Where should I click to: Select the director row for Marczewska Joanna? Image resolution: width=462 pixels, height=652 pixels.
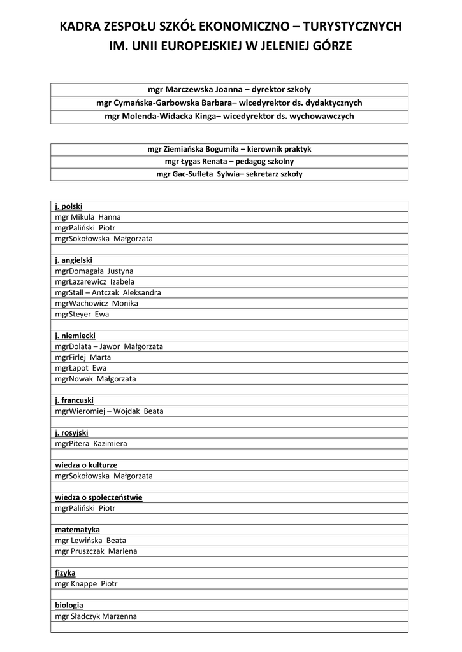[x=229, y=90]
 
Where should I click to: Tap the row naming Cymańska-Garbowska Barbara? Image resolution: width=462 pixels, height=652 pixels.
[x=229, y=103]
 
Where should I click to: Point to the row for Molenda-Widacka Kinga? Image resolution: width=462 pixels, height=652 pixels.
[x=229, y=116]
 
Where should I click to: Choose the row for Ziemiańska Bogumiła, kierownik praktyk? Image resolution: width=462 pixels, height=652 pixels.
[x=229, y=149]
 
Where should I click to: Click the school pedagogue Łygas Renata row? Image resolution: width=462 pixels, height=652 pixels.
[x=229, y=162]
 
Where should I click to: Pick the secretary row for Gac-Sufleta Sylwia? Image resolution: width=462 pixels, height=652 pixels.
[x=229, y=174]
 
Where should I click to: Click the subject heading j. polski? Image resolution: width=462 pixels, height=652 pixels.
[x=69, y=206]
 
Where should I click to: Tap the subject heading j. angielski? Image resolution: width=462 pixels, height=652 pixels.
[x=74, y=260]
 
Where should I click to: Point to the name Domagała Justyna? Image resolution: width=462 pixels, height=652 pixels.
[x=94, y=271]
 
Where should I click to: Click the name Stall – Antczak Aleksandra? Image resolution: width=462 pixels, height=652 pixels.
[x=108, y=293]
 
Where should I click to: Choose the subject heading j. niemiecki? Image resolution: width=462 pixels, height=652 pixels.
[x=75, y=336]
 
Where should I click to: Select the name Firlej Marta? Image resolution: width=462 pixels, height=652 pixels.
[x=83, y=357]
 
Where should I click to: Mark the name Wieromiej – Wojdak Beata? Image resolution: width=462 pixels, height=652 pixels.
[x=109, y=411]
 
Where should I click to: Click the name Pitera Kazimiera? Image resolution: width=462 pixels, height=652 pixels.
[x=91, y=444]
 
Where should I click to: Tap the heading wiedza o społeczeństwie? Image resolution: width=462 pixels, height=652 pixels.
[x=99, y=497]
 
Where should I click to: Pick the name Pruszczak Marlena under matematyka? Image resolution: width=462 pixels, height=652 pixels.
[x=96, y=551]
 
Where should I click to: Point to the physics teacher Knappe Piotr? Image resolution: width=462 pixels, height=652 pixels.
[x=86, y=584]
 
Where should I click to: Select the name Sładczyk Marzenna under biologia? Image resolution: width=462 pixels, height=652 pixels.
[x=96, y=616]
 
